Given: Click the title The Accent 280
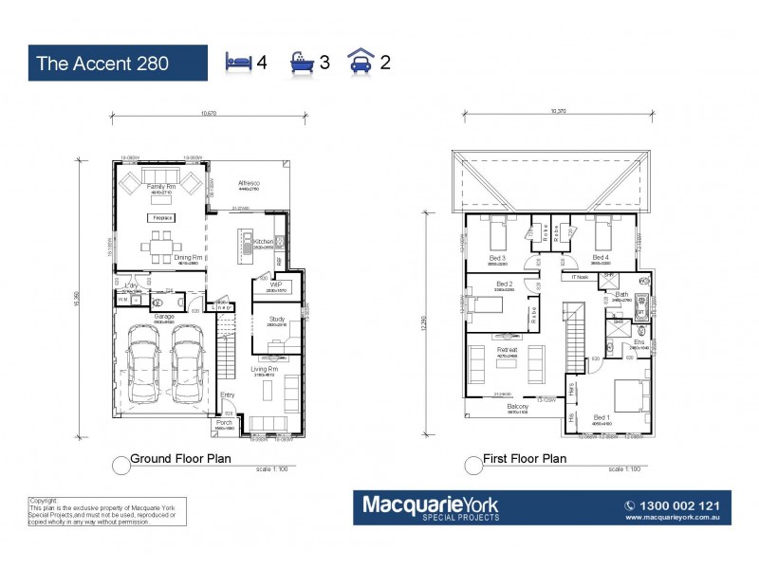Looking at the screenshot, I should click(102, 64).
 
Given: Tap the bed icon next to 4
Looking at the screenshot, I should click(238, 63).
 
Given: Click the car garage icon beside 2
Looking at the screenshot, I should click(361, 63).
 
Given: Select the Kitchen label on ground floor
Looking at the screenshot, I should click(264, 242).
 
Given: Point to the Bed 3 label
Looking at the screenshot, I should click(498, 257).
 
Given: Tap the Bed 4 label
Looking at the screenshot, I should click(600, 257).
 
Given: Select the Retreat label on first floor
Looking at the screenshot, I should click(507, 349).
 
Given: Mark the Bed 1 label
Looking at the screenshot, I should click(601, 417).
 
